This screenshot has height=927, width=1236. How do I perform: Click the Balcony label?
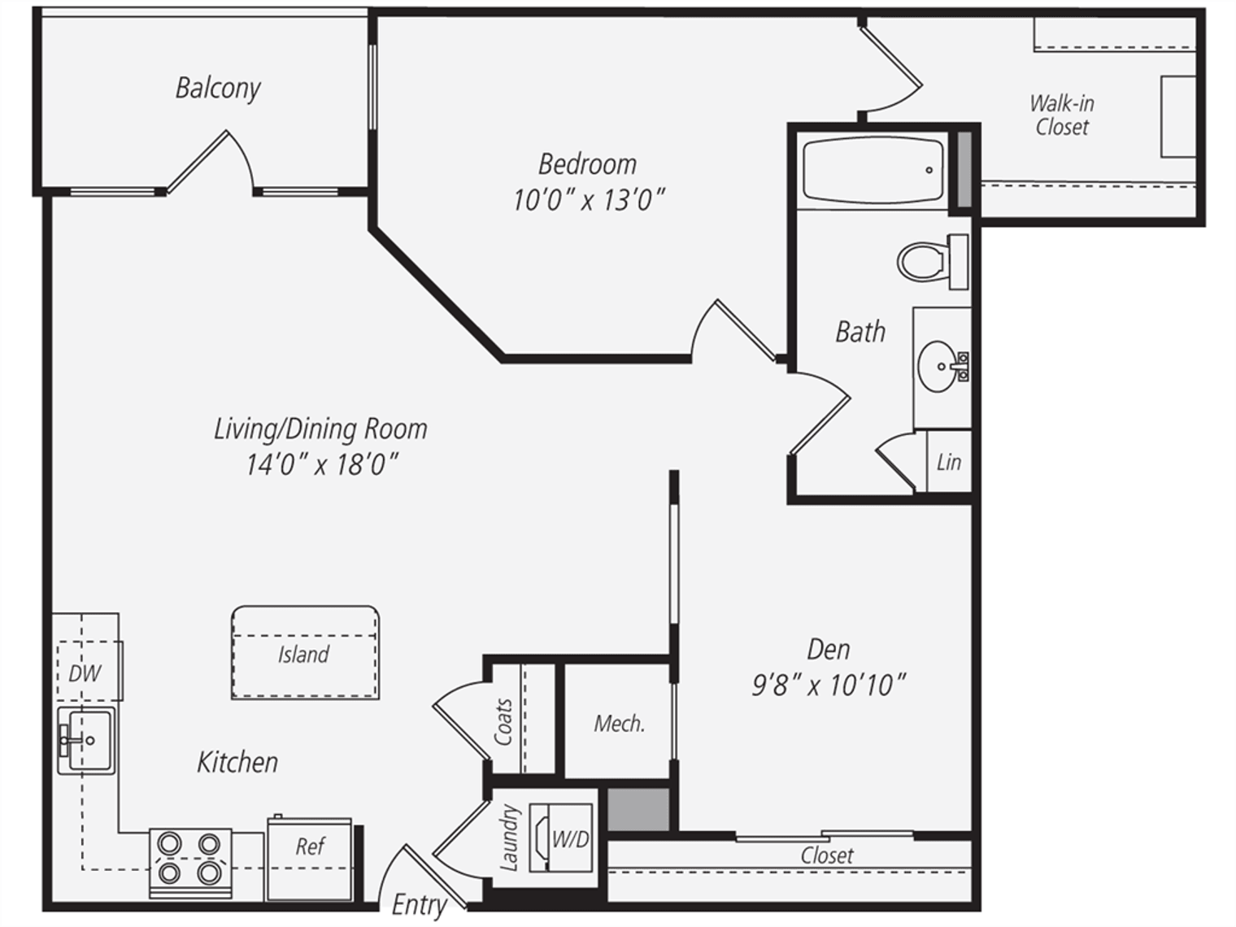tap(218, 89)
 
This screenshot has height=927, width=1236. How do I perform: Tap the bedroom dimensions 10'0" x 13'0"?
tap(589, 200)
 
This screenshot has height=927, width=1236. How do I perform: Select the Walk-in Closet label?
tap(1062, 115)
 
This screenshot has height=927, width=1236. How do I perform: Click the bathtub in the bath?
tap(873, 169)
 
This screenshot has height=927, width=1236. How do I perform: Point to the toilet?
tap(933, 262)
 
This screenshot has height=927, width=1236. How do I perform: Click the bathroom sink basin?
tap(938, 367)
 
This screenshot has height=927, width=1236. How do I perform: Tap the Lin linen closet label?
tap(949, 462)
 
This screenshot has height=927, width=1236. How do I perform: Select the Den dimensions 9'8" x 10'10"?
tap(829, 685)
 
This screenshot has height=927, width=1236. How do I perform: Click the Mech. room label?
tap(620, 723)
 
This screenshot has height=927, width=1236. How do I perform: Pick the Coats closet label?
tap(503, 722)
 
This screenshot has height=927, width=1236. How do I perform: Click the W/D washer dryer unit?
tap(561, 838)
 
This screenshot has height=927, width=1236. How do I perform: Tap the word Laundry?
tap(508, 838)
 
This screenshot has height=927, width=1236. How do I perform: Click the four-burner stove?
tap(190, 863)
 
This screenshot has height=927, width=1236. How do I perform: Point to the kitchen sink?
tap(86, 741)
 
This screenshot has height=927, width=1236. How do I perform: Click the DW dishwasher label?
tap(85, 673)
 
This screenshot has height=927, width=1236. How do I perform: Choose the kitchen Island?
tap(305, 653)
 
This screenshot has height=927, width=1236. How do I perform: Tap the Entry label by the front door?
tap(419, 906)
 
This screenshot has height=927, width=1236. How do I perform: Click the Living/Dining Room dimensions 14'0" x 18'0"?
tap(322, 465)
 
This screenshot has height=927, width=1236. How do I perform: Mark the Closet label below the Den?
tap(827, 855)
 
